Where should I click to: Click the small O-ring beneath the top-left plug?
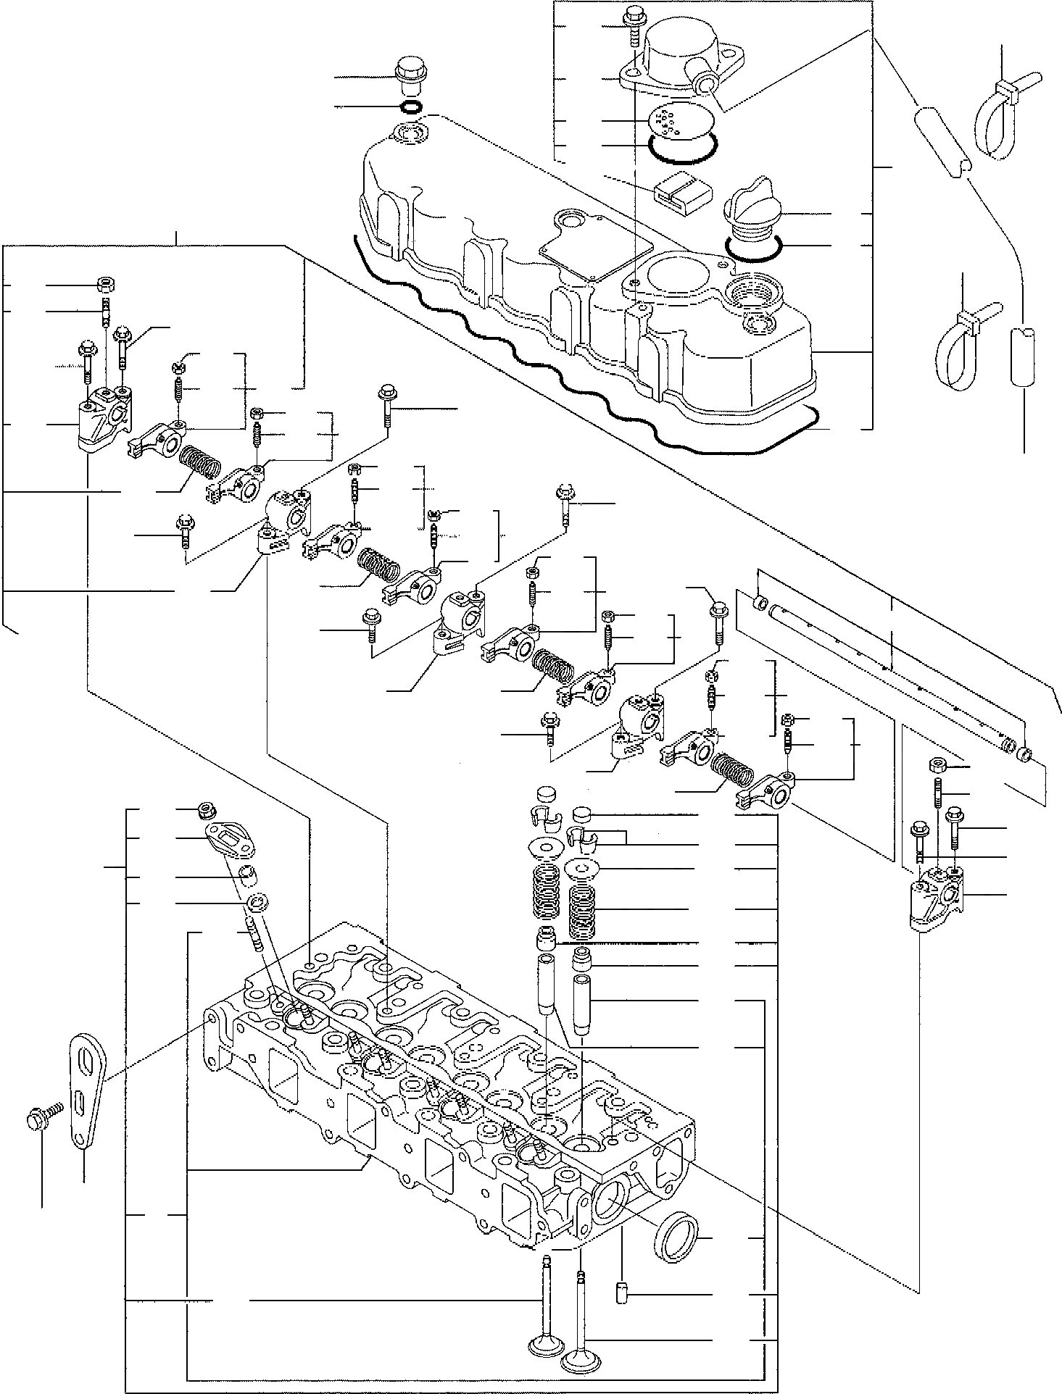click(410, 109)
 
